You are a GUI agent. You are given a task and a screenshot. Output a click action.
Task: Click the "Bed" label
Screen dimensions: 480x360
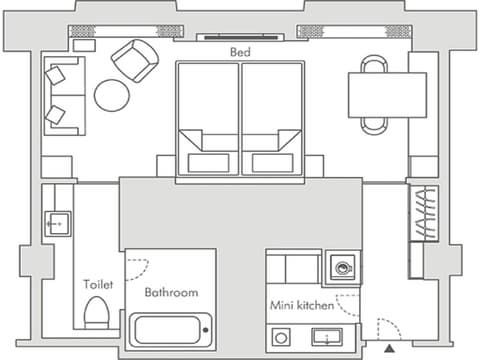[240, 52]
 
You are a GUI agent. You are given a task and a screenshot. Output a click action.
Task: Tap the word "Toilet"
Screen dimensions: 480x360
[98, 284]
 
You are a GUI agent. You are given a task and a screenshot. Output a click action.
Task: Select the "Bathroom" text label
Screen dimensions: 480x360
[171, 292]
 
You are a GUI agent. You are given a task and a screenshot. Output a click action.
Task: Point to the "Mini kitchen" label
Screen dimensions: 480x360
[302, 305]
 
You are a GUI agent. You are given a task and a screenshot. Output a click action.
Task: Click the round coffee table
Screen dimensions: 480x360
[112, 95]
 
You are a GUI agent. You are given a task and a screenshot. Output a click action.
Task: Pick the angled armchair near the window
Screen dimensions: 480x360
[135, 61]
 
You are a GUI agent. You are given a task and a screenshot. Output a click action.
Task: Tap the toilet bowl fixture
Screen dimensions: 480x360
[96, 313]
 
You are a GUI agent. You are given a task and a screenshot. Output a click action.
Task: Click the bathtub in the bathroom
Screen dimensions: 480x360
[170, 330]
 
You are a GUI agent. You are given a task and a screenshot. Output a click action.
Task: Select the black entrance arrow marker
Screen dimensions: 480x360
[389, 349]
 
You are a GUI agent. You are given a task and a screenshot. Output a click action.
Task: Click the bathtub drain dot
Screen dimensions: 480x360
[206, 330]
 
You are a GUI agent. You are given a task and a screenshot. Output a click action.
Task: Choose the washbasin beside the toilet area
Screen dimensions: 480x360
[58, 224]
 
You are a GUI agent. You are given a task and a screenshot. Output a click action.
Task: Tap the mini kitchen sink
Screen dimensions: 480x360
[327, 337]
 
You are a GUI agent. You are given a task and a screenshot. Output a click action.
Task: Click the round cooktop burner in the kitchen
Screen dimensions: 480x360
[281, 338]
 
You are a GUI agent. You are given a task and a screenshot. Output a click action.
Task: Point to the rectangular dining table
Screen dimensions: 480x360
[387, 95]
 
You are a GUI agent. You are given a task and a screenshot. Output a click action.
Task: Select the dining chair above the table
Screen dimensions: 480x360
[374, 64]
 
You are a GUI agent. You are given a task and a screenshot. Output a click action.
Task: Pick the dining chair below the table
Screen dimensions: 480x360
[374, 126]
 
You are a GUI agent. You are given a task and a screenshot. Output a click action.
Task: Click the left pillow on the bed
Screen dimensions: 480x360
[208, 163]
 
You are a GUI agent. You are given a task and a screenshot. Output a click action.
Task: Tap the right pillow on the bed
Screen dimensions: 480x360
[273, 163]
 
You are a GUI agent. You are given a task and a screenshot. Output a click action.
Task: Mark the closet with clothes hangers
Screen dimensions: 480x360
[424, 213]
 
